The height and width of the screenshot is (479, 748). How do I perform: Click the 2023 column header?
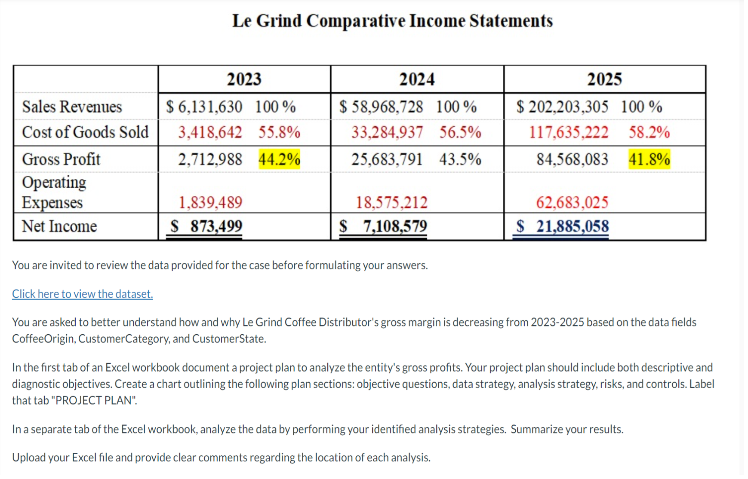coord(244,79)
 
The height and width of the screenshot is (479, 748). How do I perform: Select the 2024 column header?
coord(417,79)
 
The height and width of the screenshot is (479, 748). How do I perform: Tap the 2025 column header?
coord(604,79)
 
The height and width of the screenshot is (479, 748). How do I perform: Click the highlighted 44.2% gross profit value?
coord(279,159)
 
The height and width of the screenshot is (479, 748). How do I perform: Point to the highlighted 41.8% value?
coord(649,159)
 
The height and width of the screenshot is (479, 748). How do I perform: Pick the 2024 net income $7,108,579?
coord(383,226)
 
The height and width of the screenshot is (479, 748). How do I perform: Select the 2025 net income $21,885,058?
coord(563,226)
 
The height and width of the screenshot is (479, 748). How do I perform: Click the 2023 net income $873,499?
coord(206,226)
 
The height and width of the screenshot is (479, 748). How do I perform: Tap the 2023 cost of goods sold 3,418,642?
coord(210,132)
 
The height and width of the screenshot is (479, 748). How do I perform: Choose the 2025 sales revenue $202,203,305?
coord(563,107)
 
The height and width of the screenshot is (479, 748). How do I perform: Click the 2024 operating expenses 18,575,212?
coord(391,202)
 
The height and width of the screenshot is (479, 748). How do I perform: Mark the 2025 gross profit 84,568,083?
coord(572,159)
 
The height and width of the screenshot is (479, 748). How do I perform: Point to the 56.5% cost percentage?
coord(460,132)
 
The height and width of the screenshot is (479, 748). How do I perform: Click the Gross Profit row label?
coord(61,159)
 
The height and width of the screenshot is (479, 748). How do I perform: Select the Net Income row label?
coord(59,226)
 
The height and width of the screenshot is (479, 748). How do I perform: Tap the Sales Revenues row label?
coord(72,107)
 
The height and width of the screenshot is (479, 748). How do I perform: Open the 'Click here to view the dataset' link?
coord(82,294)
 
